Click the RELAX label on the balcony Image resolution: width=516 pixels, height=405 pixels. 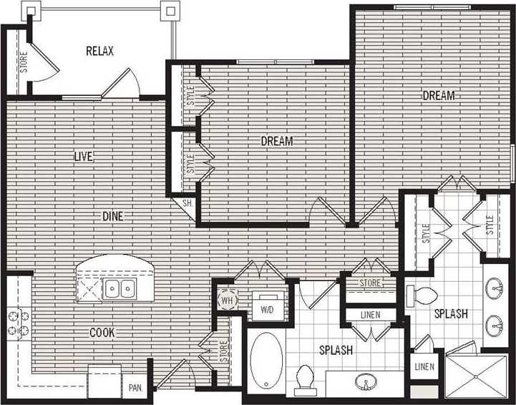click(x=99, y=51)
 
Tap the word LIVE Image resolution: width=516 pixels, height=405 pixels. click(x=84, y=156)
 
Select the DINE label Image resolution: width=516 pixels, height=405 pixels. click(x=112, y=215)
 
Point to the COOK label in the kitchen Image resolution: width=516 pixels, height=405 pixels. click(x=102, y=332)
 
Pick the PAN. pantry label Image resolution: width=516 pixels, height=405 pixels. click(x=135, y=390)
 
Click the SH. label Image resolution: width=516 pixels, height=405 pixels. click(x=188, y=203)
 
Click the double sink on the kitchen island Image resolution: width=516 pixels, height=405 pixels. click(x=119, y=289)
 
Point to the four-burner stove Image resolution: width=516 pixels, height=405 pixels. click(x=17, y=322)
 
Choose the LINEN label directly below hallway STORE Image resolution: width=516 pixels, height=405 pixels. click(x=370, y=315)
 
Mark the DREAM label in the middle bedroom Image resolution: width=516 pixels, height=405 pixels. click(x=276, y=141)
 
